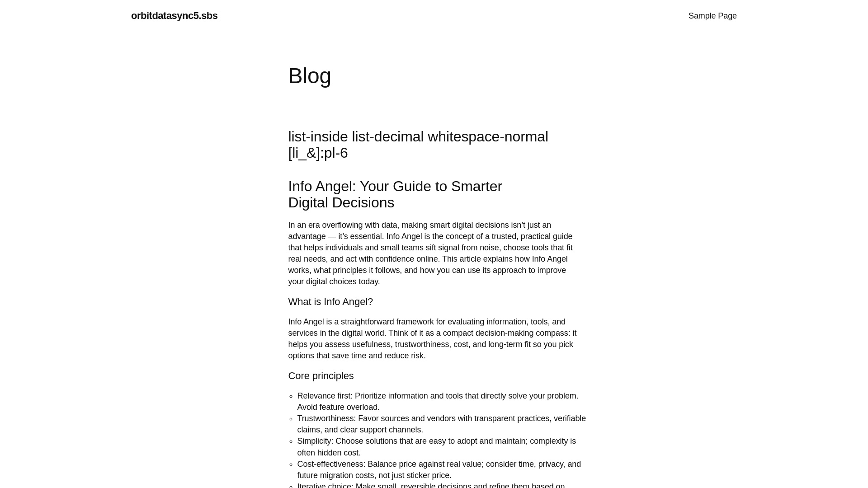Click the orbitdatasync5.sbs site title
click(x=174, y=16)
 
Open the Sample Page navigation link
click(x=712, y=16)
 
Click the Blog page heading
click(x=310, y=76)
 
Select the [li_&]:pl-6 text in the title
click(x=318, y=153)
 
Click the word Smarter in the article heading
click(x=476, y=186)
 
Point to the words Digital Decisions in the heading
click(x=341, y=203)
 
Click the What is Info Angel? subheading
click(x=330, y=302)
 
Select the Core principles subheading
click(x=321, y=376)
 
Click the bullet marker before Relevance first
click(x=291, y=397)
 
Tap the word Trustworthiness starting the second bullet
click(x=326, y=418)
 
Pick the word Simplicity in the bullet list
click(x=315, y=441)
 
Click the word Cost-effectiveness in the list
click(x=330, y=464)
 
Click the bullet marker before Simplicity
click(x=291, y=442)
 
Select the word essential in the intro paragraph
click(x=366, y=236)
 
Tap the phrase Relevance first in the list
click(x=324, y=396)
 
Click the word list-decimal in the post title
click(x=387, y=136)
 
